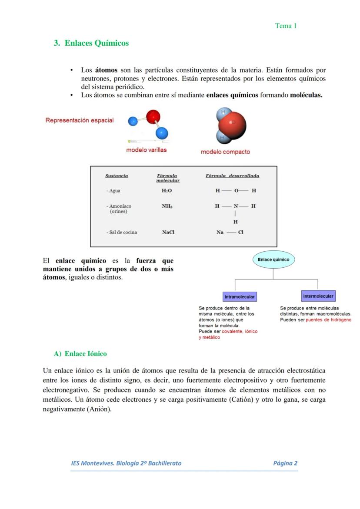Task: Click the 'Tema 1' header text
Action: pos(286,26)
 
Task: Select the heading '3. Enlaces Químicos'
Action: pos(91,43)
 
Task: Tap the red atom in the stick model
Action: pos(153,116)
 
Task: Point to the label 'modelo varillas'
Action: pos(146,150)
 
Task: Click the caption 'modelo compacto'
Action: pos(225,152)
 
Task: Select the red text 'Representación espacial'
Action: pos(80,120)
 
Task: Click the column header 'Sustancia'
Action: pos(117,176)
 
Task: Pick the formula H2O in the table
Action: pos(167,191)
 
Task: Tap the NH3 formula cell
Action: pos(167,206)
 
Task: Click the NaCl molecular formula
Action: pos(168,233)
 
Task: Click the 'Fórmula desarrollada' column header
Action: pos(232,176)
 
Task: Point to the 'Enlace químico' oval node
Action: pos(273,259)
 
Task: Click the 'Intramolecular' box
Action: pos(239,297)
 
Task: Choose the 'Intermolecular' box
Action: pos(318,296)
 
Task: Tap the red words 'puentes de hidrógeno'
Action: pos(329,320)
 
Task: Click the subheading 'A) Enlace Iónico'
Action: pos(80,354)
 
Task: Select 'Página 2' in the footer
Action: pos(285,463)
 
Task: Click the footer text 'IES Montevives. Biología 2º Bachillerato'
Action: pos(126,463)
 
